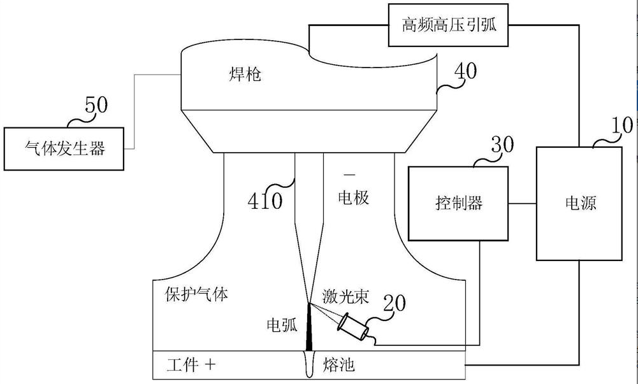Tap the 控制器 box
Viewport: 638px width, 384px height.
(459, 203)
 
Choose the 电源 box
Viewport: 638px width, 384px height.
(579, 203)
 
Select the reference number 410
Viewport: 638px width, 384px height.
(265, 202)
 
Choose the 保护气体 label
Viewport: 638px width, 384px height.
(196, 295)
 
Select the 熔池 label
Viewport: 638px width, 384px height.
(339, 365)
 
